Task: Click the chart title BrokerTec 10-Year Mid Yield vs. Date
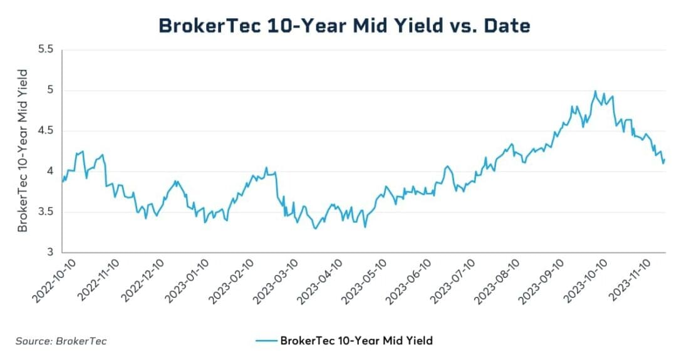(344, 25)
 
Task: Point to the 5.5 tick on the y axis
(46, 49)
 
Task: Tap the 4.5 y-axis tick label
(46, 131)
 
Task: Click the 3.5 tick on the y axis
(46, 212)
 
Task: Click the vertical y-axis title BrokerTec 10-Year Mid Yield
(23, 151)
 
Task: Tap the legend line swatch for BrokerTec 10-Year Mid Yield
(266, 341)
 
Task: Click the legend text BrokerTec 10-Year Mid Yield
(356, 341)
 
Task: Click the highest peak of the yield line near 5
(595, 91)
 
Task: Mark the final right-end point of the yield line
(665, 160)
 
